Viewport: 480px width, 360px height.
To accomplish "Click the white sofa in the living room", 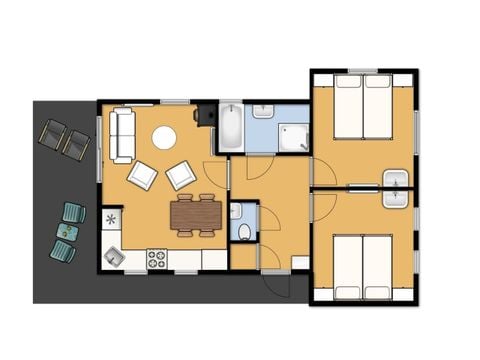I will [x=123, y=135].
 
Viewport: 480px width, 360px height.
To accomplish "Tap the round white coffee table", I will [x=164, y=138].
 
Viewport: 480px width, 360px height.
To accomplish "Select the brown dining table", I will [x=195, y=214].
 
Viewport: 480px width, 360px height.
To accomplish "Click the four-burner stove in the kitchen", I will [x=157, y=259].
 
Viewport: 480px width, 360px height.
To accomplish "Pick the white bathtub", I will [x=229, y=126].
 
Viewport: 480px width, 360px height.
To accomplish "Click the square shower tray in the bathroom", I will [x=296, y=135].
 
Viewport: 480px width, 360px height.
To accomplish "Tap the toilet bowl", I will [x=245, y=229].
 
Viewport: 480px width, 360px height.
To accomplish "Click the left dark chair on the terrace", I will [x=51, y=133].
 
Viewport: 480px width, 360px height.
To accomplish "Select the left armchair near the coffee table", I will [x=142, y=175].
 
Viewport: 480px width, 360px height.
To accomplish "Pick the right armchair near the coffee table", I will [x=182, y=175].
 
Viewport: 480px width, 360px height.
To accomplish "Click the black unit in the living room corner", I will [x=205, y=113].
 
